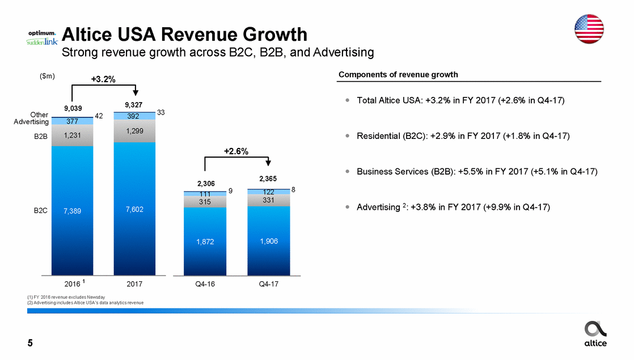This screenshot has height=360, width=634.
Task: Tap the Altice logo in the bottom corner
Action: (595, 333)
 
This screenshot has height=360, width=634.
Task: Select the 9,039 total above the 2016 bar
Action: (72, 108)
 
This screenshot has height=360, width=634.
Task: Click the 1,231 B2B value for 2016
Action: (72, 135)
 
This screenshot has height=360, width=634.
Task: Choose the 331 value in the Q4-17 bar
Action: (268, 200)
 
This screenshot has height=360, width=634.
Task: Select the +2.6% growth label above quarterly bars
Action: (236, 151)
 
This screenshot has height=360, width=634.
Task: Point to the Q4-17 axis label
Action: (268, 283)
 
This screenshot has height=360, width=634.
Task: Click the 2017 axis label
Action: (134, 283)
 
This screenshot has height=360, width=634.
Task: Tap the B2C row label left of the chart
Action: (40, 210)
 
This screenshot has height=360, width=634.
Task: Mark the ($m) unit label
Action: (47, 77)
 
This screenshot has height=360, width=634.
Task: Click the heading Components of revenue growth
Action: (398, 75)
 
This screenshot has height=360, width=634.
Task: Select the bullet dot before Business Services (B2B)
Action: (346, 172)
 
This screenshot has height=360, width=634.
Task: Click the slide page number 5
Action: (29, 343)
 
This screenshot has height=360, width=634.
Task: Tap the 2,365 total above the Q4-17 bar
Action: (268, 179)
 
